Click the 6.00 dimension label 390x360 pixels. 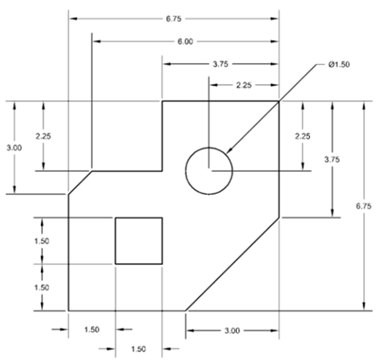(186, 42)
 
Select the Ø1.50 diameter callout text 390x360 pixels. (339, 65)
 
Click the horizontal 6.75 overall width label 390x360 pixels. (174, 19)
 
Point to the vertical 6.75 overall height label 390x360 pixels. (364, 206)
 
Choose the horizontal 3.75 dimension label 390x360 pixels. (221, 65)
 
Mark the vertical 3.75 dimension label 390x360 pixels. (332, 160)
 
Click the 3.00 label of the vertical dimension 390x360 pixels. (14, 148)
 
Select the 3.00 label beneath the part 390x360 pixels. (232, 331)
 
